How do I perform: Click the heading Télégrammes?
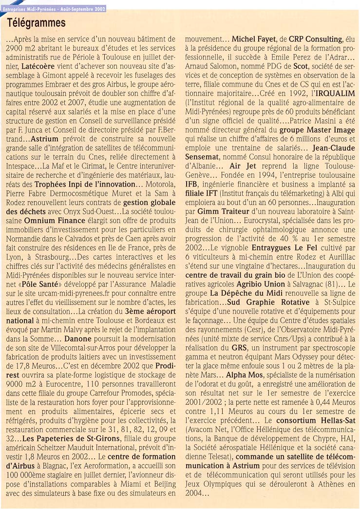[x=36, y=23]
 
